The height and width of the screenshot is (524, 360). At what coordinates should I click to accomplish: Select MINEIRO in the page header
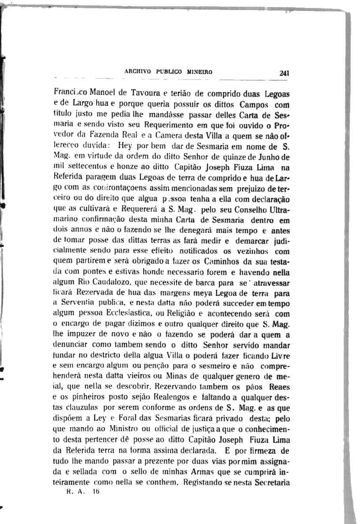click(x=200, y=71)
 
